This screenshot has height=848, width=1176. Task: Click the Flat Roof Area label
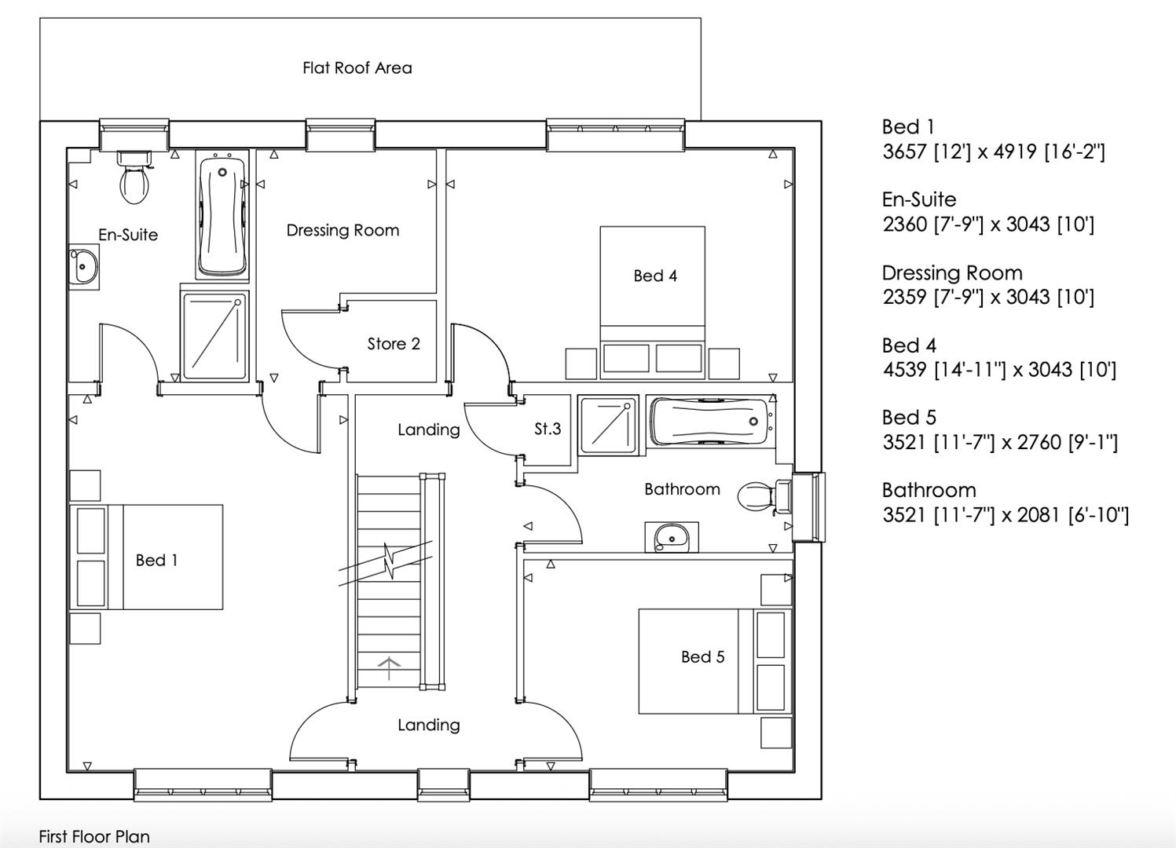[357, 68]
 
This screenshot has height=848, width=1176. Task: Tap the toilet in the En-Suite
[134, 179]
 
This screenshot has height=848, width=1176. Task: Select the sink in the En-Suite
[83, 267]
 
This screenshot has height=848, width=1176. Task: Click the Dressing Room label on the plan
[343, 231]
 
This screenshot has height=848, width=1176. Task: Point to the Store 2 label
[394, 344]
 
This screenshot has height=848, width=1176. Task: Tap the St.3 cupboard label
[548, 429]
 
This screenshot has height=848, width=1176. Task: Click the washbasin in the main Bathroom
[670, 537]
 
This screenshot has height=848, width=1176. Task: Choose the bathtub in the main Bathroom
[712, 422]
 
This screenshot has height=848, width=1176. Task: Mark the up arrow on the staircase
[389, 667]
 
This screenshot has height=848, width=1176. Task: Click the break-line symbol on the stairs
[387, 561]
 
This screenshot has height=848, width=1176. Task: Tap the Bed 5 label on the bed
[702, 657]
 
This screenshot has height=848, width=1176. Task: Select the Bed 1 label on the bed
[156, 561]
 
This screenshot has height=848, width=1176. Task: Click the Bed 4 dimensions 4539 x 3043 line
[998, 370]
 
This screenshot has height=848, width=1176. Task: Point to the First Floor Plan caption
[94, 837]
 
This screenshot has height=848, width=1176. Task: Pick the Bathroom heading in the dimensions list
[929, 491]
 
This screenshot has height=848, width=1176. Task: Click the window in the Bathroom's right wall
[808, 506]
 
